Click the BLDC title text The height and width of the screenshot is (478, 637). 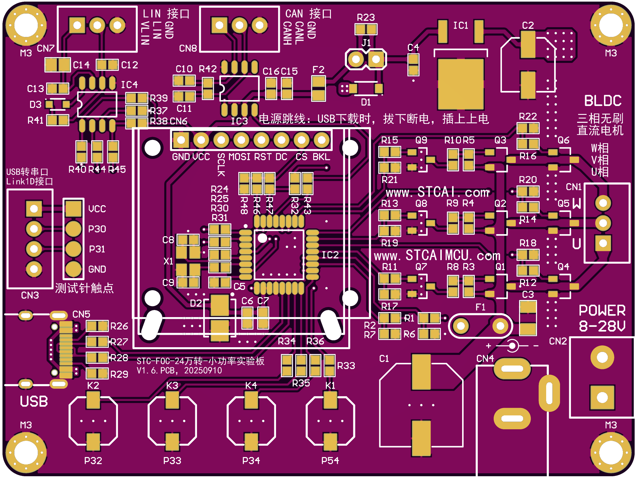pyautogui.click(x=603, y=101)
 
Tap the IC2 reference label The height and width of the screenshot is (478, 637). pyautogui.click(x=330, y=255)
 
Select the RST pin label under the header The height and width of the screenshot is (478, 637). pyautogui.click(x=262, y=157)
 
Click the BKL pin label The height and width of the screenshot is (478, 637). pyautogui.click(x=321, y=157)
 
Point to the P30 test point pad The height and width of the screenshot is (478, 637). pyautogui.click(x=73, y=229)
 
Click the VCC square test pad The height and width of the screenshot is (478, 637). pyautogui.click(x=73, y=209)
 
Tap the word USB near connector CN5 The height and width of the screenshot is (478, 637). pyautogui.click(x=34, y=402)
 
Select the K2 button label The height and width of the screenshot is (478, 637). pyautogui.click(x=93, y=386)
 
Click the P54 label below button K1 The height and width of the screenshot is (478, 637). pyautogui.click(x=330, y=461)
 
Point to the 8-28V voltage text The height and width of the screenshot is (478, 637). pyautogui.click(x=602, y=326)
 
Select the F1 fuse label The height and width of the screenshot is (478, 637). pyautogui.click(x=480, y=307)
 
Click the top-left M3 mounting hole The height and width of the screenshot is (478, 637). pyautogui.click(x=26, y=25)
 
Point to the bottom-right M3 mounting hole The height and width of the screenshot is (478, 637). pyautogui.click(x=611, y=452)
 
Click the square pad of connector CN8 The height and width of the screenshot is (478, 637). pyautogui.click(x=219, y=25)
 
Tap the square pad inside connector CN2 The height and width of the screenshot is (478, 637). pyautogui.click(x=602, y=397)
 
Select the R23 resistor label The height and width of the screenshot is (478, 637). pyautogui.click(x=366, y=18)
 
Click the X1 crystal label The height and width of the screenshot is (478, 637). pyautogui.click(x=168, y=261)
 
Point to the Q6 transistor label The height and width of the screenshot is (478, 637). pyautogui.click(x=563, y=140)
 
